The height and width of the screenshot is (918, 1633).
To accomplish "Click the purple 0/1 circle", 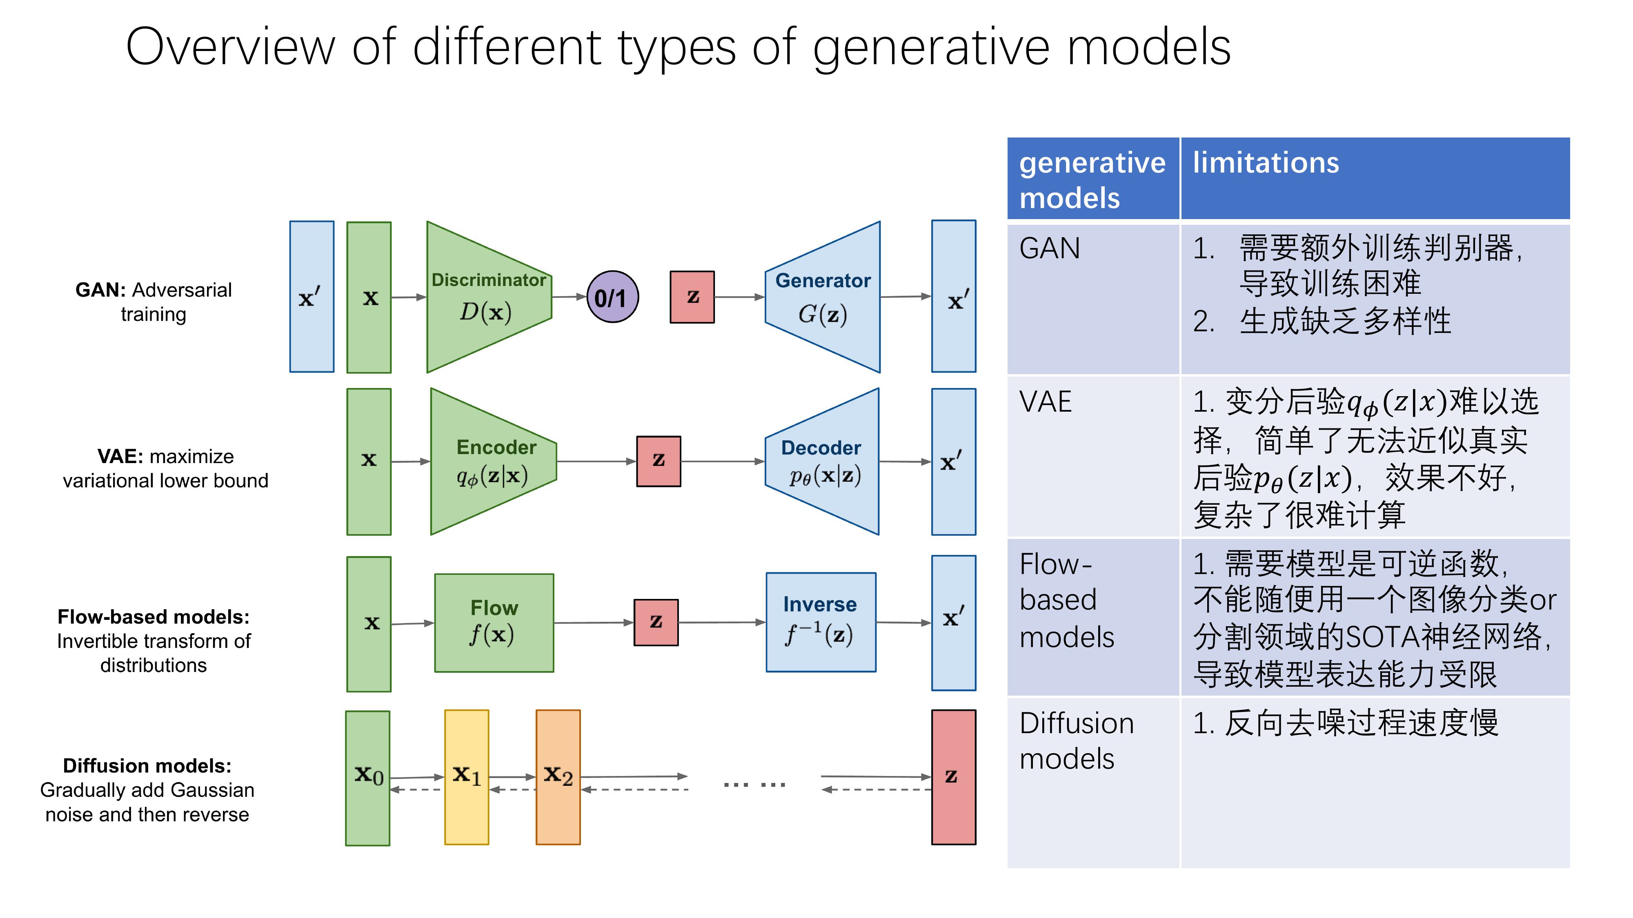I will tap(612, 297).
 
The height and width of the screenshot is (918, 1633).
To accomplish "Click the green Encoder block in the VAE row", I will tap(493, 461).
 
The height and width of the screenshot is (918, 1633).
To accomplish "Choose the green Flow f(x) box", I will tap(494, 623).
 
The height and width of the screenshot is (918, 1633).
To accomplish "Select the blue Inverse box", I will tap(821, 622).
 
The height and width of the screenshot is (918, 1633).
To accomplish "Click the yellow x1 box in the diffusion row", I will tap(467, 777).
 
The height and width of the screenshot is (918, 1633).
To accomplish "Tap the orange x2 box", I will tap(558, 777).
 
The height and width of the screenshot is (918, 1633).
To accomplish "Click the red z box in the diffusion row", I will tap(953, 777).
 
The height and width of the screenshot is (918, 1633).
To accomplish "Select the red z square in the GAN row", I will tap(692, 297).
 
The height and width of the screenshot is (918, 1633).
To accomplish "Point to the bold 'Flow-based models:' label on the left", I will tap(154, 616).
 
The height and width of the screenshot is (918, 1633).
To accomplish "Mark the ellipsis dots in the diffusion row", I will tap(754, 784).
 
